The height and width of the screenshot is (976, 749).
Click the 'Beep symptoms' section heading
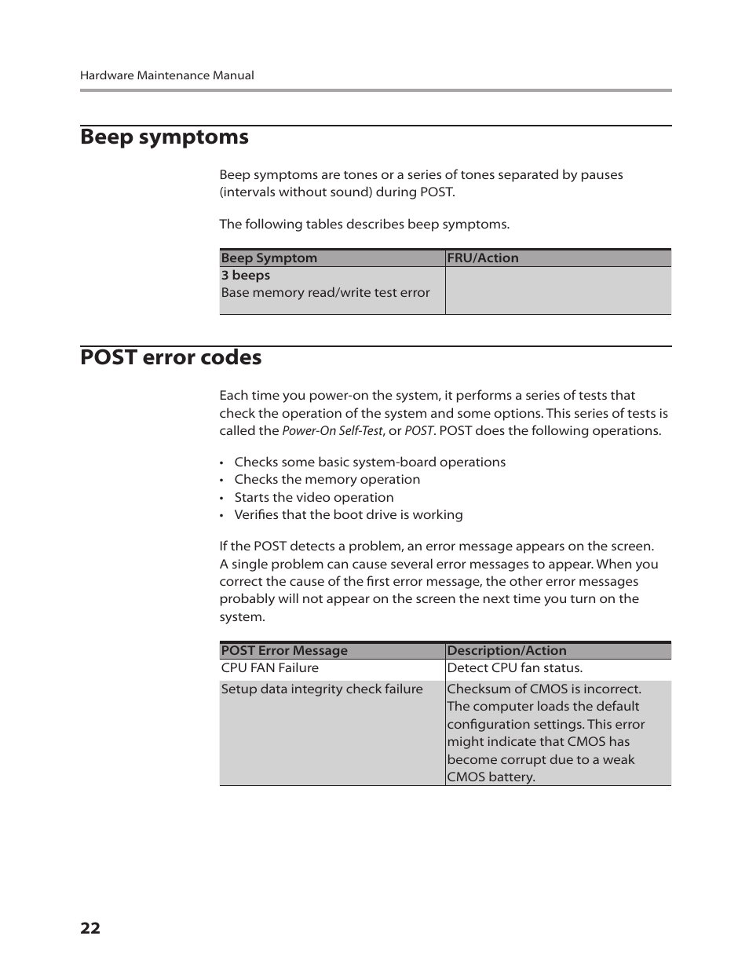[164, 137]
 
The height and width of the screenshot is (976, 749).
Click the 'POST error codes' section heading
[170, 357]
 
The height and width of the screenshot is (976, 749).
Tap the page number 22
[90, 928]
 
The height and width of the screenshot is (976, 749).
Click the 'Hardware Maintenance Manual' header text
[166, 75]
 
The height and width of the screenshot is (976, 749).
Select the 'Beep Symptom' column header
[269, 258]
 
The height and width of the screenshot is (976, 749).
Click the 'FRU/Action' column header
[482, 258]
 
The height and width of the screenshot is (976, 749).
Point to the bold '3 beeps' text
[245, 276]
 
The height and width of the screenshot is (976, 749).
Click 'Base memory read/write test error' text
[325, 293]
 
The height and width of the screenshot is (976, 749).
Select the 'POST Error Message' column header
[283, 651]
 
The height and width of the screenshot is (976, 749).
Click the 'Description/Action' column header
[506, 651]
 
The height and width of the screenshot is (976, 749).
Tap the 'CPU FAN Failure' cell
[269, 668]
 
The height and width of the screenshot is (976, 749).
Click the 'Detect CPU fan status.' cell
[514, 668]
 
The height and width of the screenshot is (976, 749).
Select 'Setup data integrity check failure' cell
[321, 689]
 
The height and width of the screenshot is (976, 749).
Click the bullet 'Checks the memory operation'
[327, 480]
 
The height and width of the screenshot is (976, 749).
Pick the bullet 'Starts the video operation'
[313, 498]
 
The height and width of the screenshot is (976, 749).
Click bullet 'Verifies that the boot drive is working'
[348, 515]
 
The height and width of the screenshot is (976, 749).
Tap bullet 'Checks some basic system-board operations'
[369, 462]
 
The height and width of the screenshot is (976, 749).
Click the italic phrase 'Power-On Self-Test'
[331, 431]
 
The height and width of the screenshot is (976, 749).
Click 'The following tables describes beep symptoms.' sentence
[364, 225]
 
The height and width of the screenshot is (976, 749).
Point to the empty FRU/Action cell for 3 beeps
[557, 291]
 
